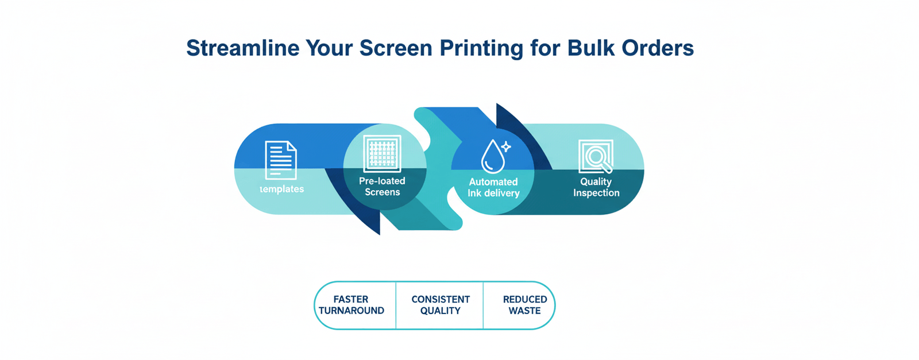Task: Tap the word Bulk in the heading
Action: (591, 48)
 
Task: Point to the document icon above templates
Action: (281, 160)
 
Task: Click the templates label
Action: (281, 189)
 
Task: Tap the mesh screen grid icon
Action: (383, 154)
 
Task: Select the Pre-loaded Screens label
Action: (382, 187)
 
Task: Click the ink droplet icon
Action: (492, 157)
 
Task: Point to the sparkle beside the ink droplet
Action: (506, 147)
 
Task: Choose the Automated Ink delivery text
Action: (493, 188)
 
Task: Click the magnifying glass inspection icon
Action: (596, 157)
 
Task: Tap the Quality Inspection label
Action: (596, 187)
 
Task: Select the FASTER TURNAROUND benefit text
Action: (351, 305)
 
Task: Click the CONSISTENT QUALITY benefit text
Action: (440, 305)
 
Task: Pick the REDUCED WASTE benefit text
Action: (524, 305)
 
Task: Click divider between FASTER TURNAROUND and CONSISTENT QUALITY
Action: (396, 305)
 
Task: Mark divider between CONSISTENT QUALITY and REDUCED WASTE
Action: (483, 305)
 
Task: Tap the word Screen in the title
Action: (396, 48)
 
